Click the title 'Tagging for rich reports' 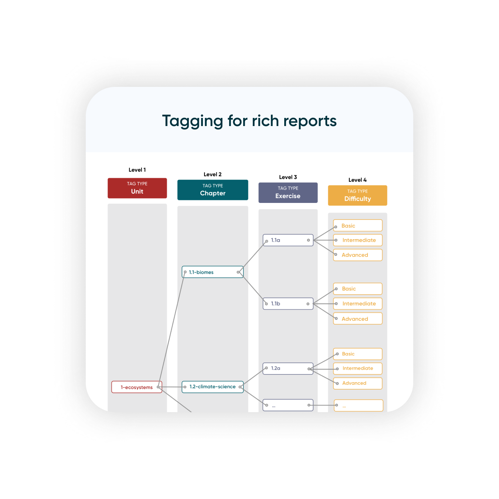click(249, 120)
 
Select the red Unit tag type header click(137, 188)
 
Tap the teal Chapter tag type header click(213, 190)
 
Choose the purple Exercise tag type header click(288, 193)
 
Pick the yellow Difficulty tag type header click(357, 195)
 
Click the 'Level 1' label click(137, 170)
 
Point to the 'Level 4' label click(357, 180)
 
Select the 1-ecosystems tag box click(137, 387)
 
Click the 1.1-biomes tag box click(213, 272)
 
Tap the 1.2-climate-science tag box click(213, 387)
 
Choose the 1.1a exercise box click(288, 240)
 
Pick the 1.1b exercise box click(288, 303)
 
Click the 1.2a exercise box click(288, 368)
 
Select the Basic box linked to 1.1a click(357, 225)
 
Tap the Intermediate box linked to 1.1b click(357, 303)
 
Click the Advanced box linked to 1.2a click(357, 383)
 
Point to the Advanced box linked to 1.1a click(357, 255)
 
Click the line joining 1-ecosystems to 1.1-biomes click(172, 329)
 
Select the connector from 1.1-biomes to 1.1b click(252, 288)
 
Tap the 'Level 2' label click(213, 174)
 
